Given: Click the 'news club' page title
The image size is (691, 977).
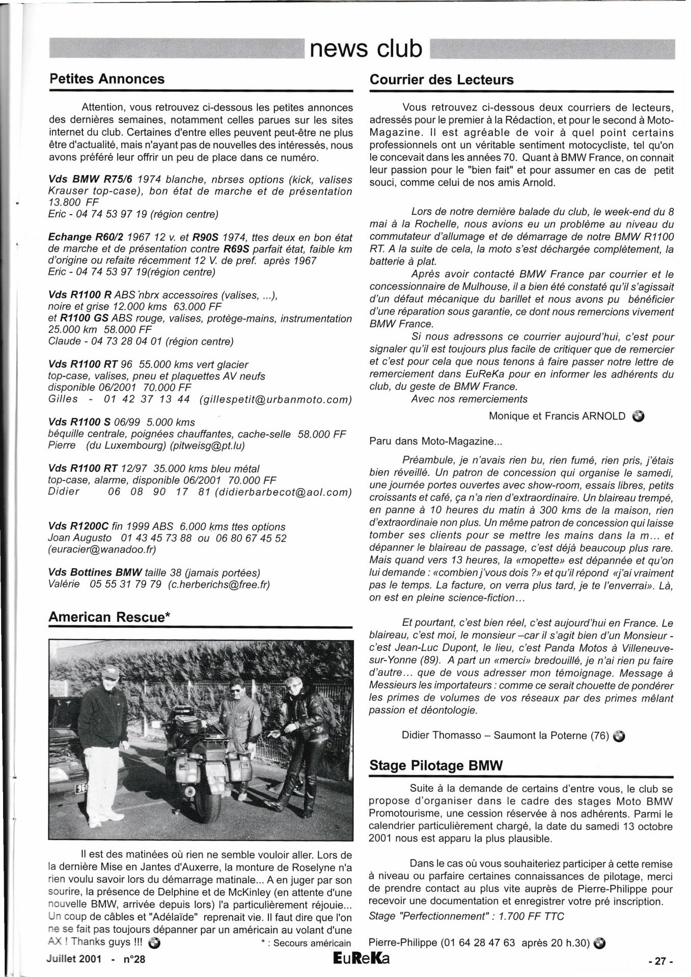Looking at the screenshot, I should pos(366,49).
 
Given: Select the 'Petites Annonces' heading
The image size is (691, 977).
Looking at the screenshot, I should pos(106,79).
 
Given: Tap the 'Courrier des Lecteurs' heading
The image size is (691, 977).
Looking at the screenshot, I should pos(441,79).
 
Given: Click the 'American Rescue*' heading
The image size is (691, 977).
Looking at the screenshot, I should pos(109,617).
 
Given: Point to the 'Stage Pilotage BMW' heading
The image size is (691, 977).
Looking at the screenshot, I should pos(436,765).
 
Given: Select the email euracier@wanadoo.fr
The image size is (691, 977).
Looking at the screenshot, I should pos(102,550).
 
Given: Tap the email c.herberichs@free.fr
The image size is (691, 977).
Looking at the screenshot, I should pos(219,585).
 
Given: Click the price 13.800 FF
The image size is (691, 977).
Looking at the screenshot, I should pos(74,203).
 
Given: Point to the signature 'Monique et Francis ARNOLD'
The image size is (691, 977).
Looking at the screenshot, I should pos(557,416).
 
